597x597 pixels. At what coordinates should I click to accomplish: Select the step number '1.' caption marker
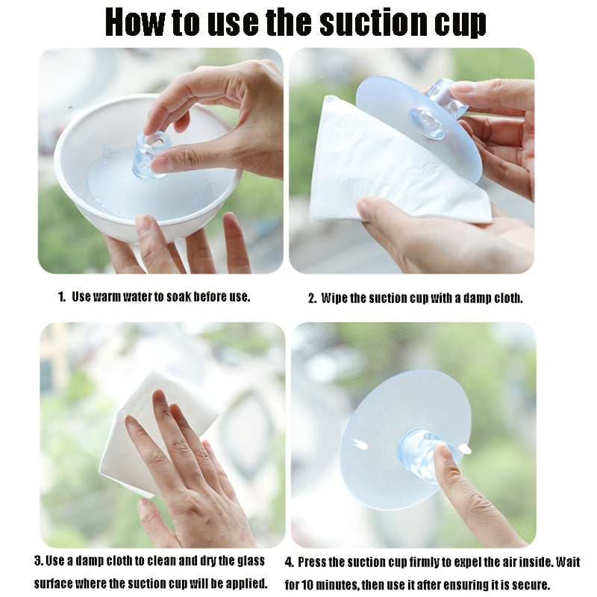(62, 296)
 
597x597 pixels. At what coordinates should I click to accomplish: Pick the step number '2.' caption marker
(312, 298)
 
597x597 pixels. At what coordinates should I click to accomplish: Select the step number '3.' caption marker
(39, 560)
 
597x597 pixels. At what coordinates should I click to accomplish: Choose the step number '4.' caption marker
(290, 563)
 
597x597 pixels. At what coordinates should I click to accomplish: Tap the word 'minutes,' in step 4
(337, 585)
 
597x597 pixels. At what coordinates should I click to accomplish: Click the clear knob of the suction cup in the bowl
(151, 156)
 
